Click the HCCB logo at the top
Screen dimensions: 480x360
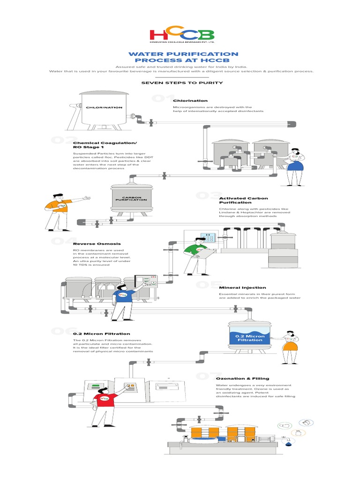[182, 35]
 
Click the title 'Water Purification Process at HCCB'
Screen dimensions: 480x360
[180, 57]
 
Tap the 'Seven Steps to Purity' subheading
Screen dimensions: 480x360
[180, 83]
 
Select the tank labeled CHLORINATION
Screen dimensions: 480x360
[104, 108]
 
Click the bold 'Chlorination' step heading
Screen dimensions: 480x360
[190, 100]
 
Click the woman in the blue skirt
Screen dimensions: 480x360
[296, 166]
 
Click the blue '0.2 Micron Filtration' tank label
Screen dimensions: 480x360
[250, 338]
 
